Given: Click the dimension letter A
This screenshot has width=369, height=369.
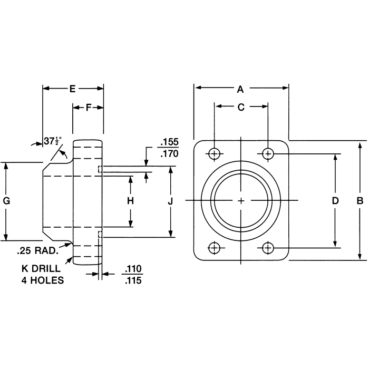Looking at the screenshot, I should (241, 88).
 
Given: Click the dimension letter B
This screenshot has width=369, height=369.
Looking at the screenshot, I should (360, 201).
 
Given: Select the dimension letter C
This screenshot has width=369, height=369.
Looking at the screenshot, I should (241, 108).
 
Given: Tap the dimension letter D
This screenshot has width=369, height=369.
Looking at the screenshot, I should (335, 201).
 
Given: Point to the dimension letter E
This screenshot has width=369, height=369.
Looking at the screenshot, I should (73, 89).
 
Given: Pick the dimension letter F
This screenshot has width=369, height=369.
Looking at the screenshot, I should (88, 108).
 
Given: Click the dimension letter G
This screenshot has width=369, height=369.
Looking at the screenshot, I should (6, 201).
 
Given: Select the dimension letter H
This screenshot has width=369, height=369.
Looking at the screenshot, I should (131, 201).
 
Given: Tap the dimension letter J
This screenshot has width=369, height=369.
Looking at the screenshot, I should (170, 201).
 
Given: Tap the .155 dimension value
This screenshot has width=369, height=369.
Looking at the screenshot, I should (169, 142).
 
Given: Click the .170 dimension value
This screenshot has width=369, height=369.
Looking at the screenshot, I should (169, 155).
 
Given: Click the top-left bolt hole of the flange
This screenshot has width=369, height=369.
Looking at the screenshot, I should (214, 153).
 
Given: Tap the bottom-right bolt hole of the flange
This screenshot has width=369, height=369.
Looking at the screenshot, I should (268, 247).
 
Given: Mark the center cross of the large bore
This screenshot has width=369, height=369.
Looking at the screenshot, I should (241, 201).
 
